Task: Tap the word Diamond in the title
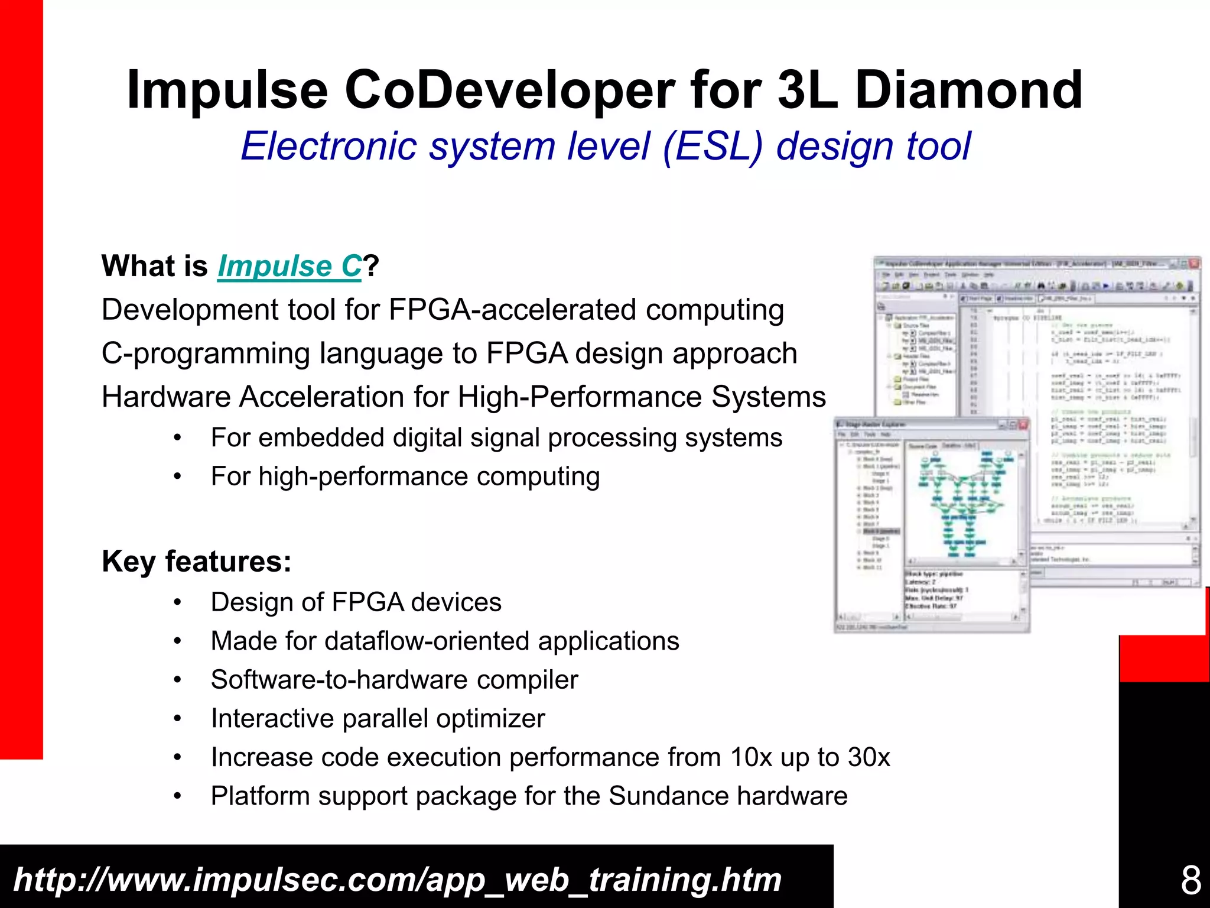968,90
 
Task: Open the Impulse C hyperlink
289,266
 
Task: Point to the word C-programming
206,354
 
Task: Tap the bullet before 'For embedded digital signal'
177,439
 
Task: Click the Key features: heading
196,561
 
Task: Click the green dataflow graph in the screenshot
963,502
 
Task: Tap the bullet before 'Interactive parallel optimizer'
177,719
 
